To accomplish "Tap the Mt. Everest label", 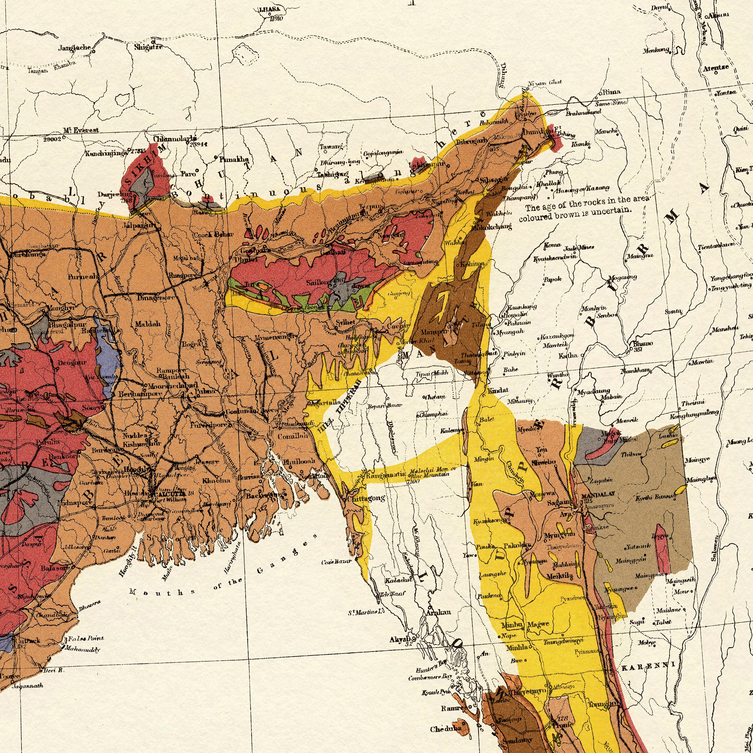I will [x=81, y=130].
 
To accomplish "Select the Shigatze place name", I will [x=148, y=47].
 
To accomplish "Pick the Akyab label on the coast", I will [x=400, y=640].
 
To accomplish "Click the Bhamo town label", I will [x=643, y=344].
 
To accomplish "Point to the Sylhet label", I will [x=345, y=322].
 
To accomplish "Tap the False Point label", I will [x=86, y=638].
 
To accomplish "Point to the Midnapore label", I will [x=74, y=503].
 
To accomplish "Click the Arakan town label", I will [x=438, y=612].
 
